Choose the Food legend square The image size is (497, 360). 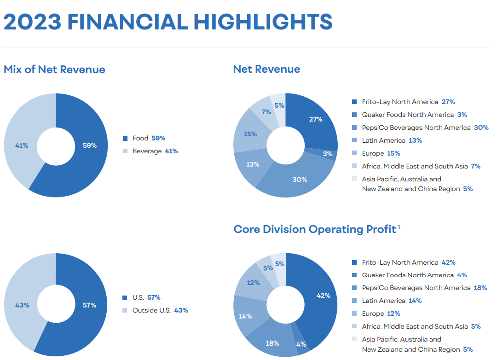coord(125,138)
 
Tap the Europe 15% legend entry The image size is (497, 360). coord(381,153)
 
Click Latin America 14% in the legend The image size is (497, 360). coord(392,301)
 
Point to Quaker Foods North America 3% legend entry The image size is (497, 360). coord(415,115)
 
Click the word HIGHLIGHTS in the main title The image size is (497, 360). coord(263,22)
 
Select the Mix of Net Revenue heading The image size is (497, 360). coord(54,70)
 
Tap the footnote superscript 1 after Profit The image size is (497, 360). coord(399,227)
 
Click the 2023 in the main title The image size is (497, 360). coord(32,22)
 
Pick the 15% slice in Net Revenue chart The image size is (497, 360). coord(250,134)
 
